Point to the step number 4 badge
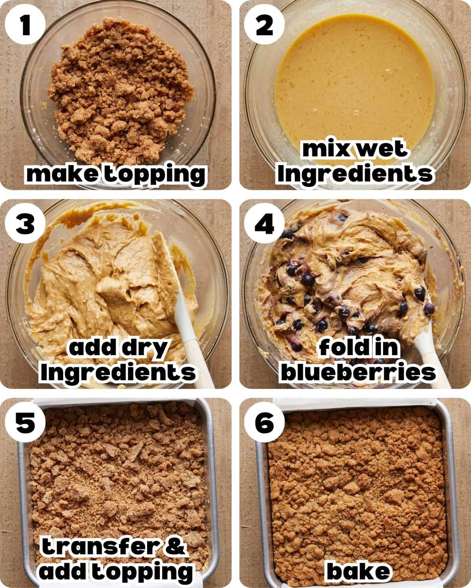[x=264, y=225]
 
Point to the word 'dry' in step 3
[x=142, y=348]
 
